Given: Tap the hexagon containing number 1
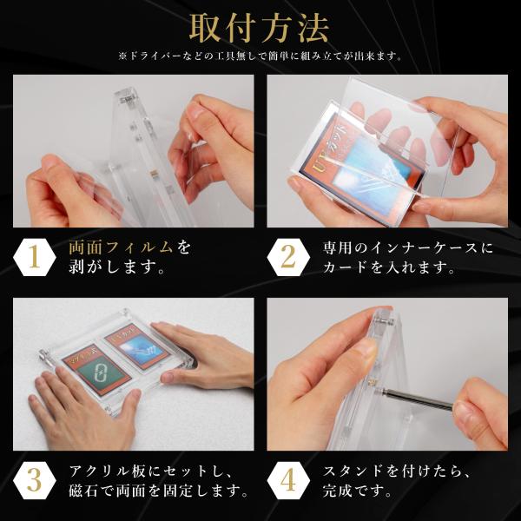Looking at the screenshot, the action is (34, 258).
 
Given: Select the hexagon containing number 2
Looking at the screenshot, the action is (288, 258).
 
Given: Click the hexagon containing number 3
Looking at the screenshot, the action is (34, 480).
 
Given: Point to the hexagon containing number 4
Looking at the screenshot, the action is (288, 480).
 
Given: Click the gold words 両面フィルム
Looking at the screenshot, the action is (121, 247).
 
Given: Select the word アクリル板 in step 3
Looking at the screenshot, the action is (108, 471).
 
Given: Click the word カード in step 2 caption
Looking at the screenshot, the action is (345, 267).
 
